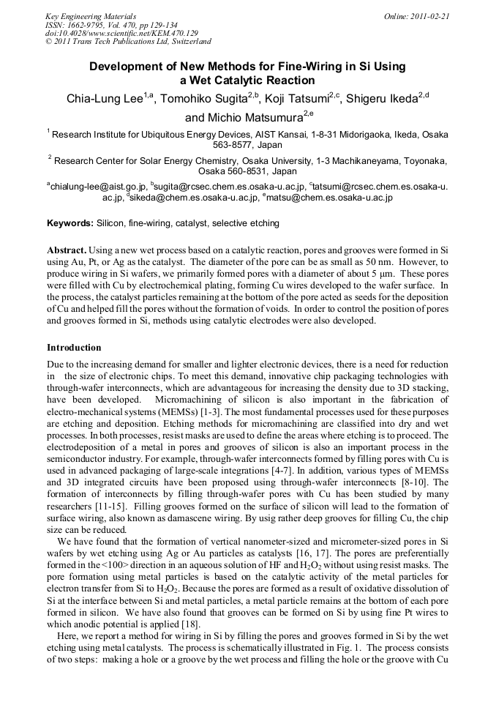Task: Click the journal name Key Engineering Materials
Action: (x=91, y=15)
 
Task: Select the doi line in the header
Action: (x=121, y=33)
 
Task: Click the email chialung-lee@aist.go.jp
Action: (x=99, y=187)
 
